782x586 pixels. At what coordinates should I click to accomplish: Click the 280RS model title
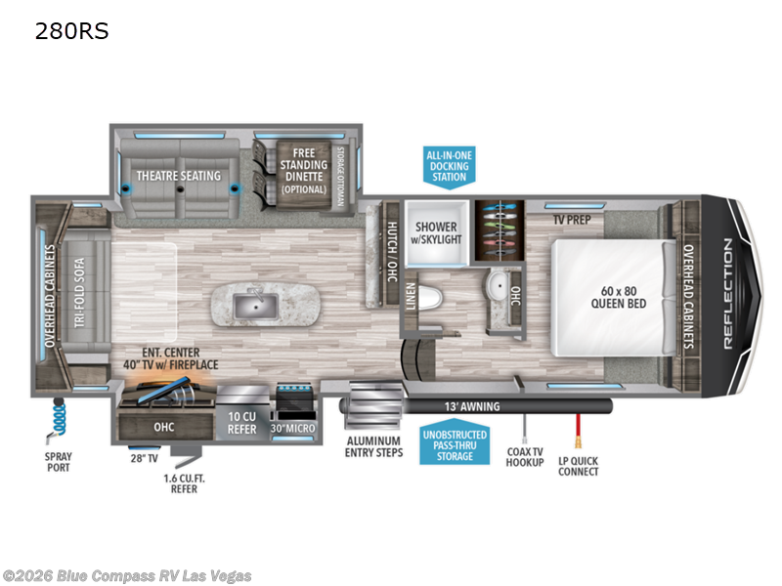coord(71,31)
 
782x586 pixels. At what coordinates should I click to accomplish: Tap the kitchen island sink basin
coord(255,306)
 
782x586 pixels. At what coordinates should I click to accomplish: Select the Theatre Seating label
coord(179,176)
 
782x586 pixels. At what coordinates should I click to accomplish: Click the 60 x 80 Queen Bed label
coord(619,298)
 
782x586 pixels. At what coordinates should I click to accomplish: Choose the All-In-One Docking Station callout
coord(449,166)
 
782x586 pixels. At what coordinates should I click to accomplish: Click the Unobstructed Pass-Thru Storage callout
coord(455,445)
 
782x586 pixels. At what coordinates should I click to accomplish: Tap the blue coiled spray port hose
coord(60,416)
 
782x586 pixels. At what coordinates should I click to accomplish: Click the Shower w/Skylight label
coord(436,233)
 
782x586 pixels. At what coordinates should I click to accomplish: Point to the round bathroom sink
coord(498,285)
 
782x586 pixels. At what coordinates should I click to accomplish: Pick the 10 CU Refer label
coord(241,423)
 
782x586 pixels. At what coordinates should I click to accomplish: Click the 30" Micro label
coord(292,428)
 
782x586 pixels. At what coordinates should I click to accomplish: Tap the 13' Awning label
coord(472,406)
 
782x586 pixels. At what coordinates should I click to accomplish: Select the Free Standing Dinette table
coord(304,174)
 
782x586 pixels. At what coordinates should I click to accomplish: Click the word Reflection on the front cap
coord(728,294)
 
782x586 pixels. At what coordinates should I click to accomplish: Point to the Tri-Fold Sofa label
coord(79,292)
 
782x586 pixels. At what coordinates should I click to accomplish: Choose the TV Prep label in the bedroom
coord(572,219)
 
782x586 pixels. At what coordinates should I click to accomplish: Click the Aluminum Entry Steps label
coord(374,447)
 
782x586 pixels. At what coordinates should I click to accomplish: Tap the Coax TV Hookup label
coord(525,457)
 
